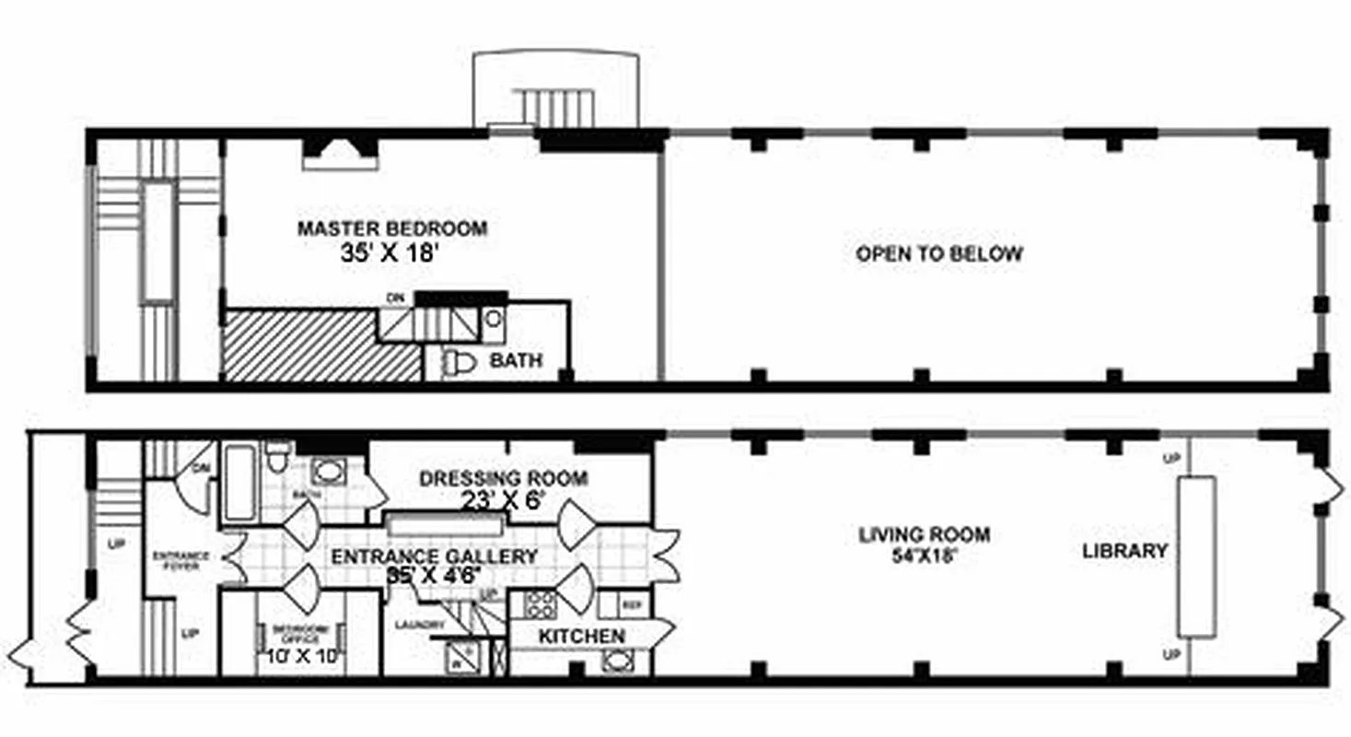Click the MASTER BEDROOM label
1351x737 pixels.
pyautogui.click(x=391, y=228)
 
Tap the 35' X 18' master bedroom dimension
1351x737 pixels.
pyautogui.click(x=387, y=254)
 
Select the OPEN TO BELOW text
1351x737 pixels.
pyautogui.click(x=938, y=254)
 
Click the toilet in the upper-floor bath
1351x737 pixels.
pyautogui.click(x=460, y=363)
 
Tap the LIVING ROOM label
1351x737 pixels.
pyautogui.click(x=924, y=534)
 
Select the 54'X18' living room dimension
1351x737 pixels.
pyautogui.click(x=924, y=557)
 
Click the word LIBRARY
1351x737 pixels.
pyautogui.click(x=1124, y=551)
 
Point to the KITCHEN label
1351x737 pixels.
pyautogui.click(x=581, y=637)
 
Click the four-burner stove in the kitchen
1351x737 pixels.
pyautogui.click(x=539, y=604)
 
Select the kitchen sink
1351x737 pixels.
pyautogui.click(x=617, y=661)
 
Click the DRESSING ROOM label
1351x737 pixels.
pyautogui.click(x=503, y=479)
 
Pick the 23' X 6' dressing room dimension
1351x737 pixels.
pyautogui.click(x=503, y=500)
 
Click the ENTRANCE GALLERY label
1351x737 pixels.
pyautogui.click(x=434, y=557)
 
